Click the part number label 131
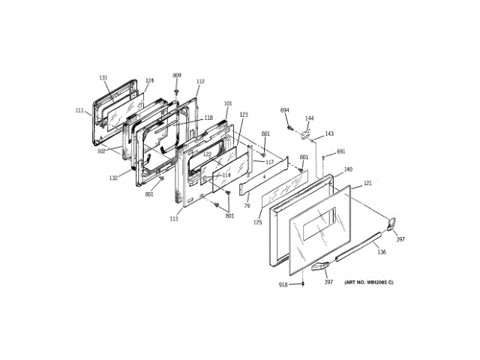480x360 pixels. point(103,78)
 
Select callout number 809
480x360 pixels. point(177,75)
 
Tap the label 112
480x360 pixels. point(200,82)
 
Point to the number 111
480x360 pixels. point(79,111)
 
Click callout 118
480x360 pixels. point(208,118)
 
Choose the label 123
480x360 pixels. point(244,115)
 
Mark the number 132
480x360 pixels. point(112,178)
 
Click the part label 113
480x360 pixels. point(174,219)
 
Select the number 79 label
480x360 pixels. point(246,207)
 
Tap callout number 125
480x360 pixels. point(257,223)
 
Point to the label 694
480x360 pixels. point(285,111)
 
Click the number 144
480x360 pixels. point(309,118)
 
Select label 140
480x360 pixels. point(348,169)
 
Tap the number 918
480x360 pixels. point(283,284)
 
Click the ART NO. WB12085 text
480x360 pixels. point(368,282)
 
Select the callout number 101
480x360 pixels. point(228,103)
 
